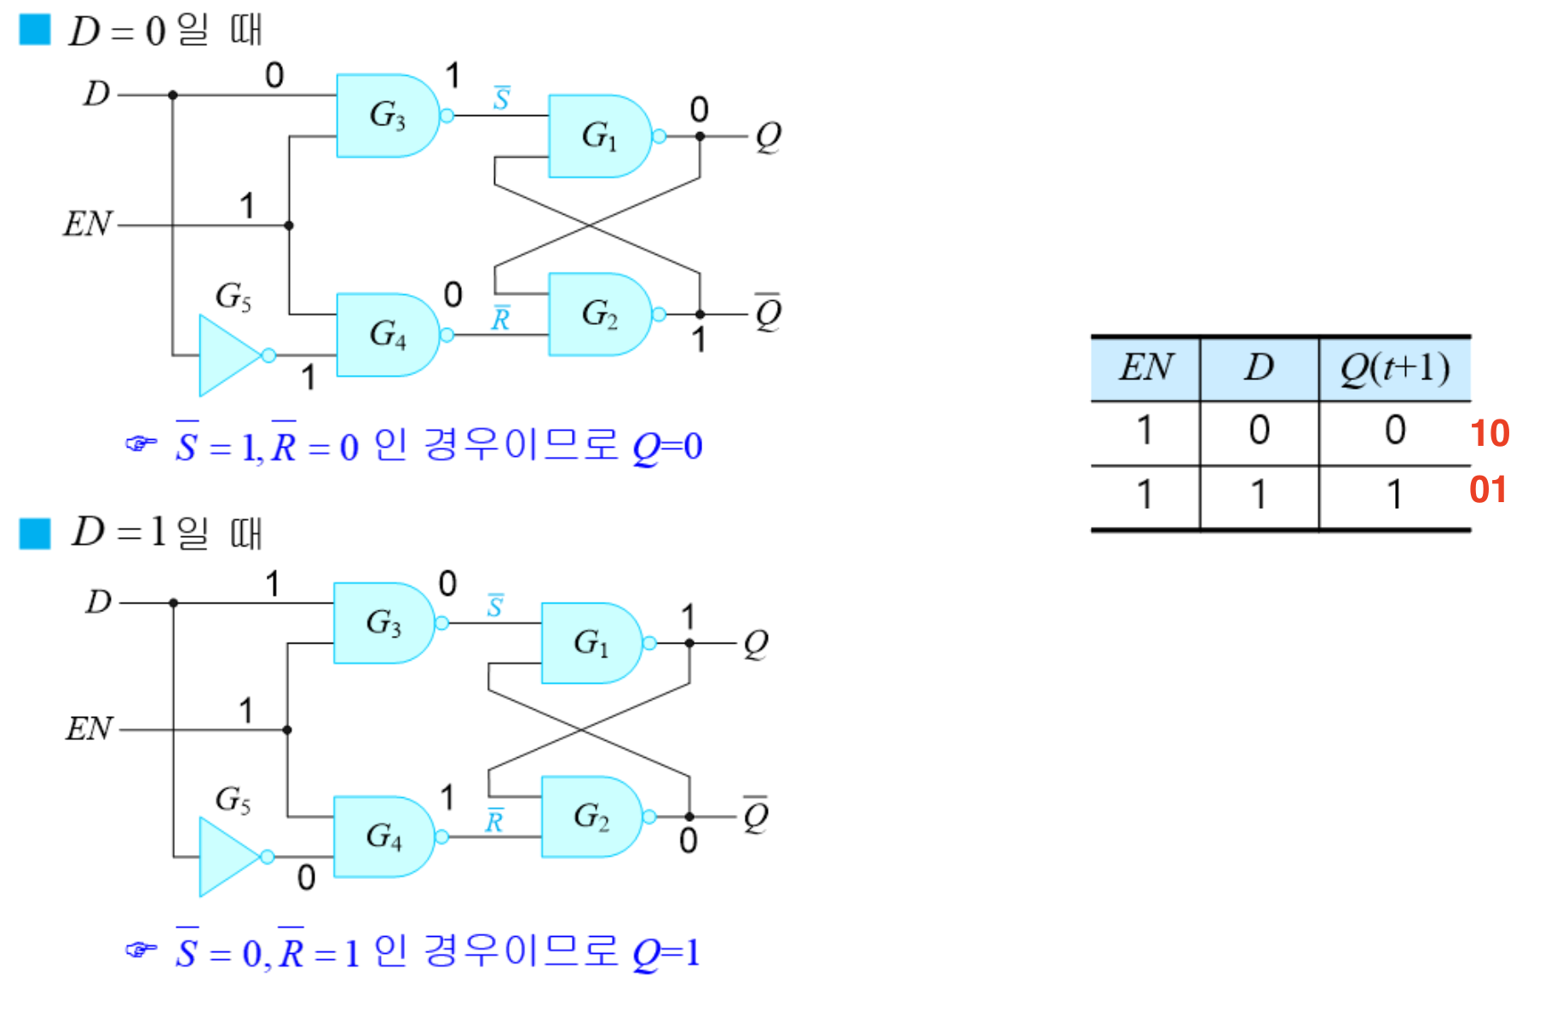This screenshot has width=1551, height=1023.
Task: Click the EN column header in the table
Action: pos(1146,368)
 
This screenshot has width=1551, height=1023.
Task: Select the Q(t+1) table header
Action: pos(1395,368)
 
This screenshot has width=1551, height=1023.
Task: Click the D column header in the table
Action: pos(1259,367)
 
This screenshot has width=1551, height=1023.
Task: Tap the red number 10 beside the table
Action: pos(1490,433)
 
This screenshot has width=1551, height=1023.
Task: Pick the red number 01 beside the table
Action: pos(1488,489)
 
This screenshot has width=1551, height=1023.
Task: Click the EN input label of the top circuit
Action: pos(88,224)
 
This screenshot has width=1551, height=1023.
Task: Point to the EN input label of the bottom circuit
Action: pos(89,729)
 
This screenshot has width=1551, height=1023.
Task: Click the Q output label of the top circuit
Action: pos(768,136)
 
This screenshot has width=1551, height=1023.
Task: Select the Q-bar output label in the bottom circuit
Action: pos(756,816)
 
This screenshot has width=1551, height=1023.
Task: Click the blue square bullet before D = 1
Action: pos(35,534)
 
